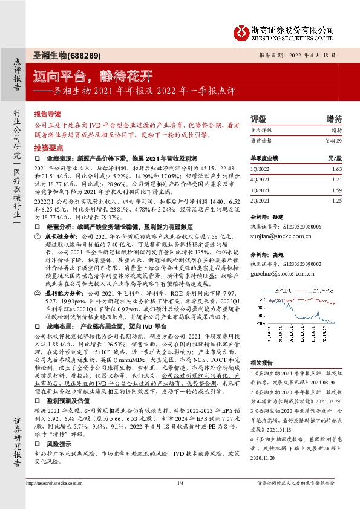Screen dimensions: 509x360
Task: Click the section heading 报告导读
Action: pyautogui.click(x=47, y=113)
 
